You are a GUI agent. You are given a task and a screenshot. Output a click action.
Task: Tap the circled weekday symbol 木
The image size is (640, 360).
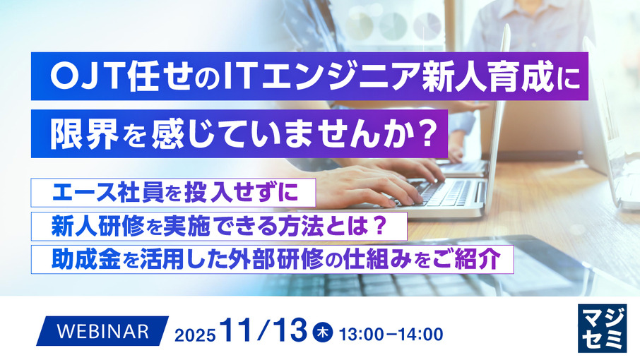(x=322, y=331)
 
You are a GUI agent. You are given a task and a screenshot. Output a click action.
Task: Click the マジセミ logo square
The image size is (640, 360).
(x=601, y=327)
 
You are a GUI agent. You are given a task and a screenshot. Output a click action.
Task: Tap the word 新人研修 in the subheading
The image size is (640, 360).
(x=100, y=225)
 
